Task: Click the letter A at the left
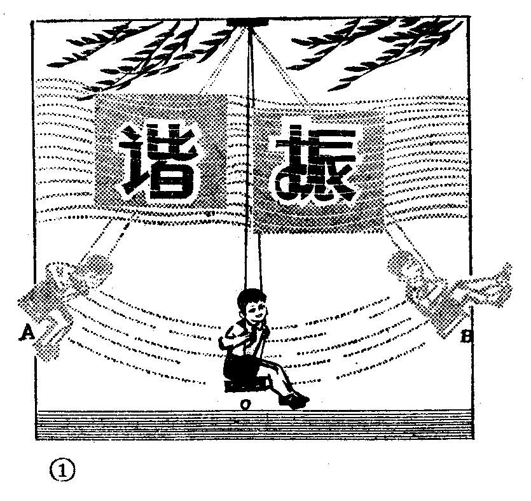27,331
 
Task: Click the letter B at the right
466,337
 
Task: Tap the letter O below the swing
245,405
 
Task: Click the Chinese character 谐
155,162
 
